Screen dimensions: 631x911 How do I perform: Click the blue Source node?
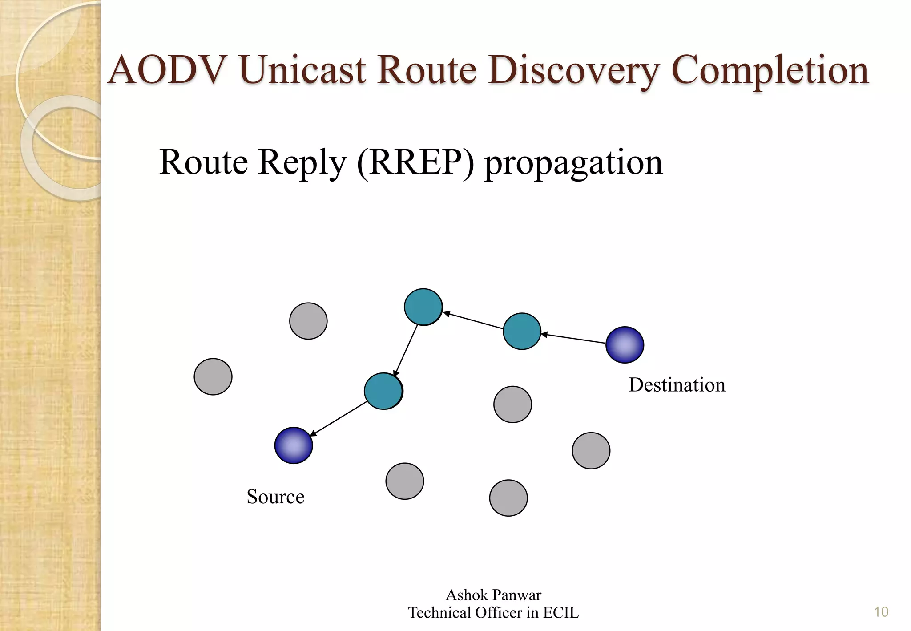point(294,445)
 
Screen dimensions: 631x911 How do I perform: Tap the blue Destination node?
point(625,345)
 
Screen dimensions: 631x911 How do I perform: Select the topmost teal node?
point(423,307)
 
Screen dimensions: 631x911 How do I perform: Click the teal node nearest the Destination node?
point(522,331)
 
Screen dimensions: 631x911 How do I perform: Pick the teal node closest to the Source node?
point(383,391)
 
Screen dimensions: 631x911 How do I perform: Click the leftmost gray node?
point(213,376)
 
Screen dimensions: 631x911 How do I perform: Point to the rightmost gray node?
point(591,450)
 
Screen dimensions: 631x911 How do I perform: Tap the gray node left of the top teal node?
point(308,321)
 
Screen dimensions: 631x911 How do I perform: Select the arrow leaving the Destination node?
point(574,339)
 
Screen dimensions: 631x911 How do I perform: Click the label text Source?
point(275,497)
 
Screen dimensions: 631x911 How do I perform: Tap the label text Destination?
point(677,385)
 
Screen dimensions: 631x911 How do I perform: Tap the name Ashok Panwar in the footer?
point(493,595)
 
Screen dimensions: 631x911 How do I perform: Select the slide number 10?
point(881,612)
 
